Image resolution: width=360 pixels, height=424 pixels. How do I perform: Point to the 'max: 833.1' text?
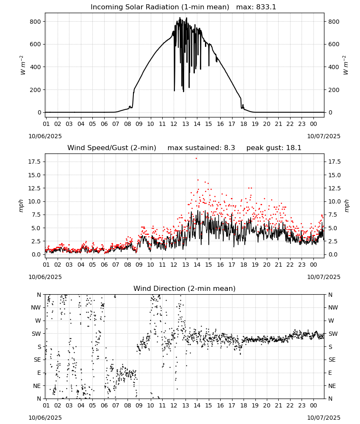[256, 7]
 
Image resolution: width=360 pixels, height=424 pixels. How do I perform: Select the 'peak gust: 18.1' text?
[274, 148]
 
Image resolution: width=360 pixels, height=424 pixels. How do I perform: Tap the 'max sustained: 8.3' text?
[201, 148]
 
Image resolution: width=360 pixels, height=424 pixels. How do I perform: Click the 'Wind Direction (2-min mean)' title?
[185, 288]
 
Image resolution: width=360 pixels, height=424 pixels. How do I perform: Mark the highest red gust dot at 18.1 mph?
[197, 159]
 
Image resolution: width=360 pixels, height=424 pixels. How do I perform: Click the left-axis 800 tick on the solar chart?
[36, 22]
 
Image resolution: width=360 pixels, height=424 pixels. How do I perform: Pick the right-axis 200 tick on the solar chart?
[334, 90]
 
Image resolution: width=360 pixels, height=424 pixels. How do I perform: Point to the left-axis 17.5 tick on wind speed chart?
[34, 162]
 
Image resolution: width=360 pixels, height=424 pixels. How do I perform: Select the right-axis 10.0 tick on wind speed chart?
[335, 201]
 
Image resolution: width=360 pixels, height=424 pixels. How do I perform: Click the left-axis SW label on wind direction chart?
[36, 334]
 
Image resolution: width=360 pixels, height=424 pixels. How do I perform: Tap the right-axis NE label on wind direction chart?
[332, 386]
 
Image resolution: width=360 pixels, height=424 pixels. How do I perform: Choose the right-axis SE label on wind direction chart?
[332, 360]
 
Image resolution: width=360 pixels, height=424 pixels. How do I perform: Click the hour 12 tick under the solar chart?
[174, 124]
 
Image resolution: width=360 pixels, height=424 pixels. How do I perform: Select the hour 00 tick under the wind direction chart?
[313, 406]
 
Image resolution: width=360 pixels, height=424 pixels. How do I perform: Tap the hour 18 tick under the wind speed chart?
[244, 265]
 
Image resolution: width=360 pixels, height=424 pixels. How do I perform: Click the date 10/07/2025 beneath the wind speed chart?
[324, 277]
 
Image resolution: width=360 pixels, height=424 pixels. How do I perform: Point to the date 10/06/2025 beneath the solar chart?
[45, 136]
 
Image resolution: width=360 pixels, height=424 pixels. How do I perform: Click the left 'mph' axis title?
[21, 206]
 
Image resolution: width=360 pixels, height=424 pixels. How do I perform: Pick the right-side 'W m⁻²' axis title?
[346, 65]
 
